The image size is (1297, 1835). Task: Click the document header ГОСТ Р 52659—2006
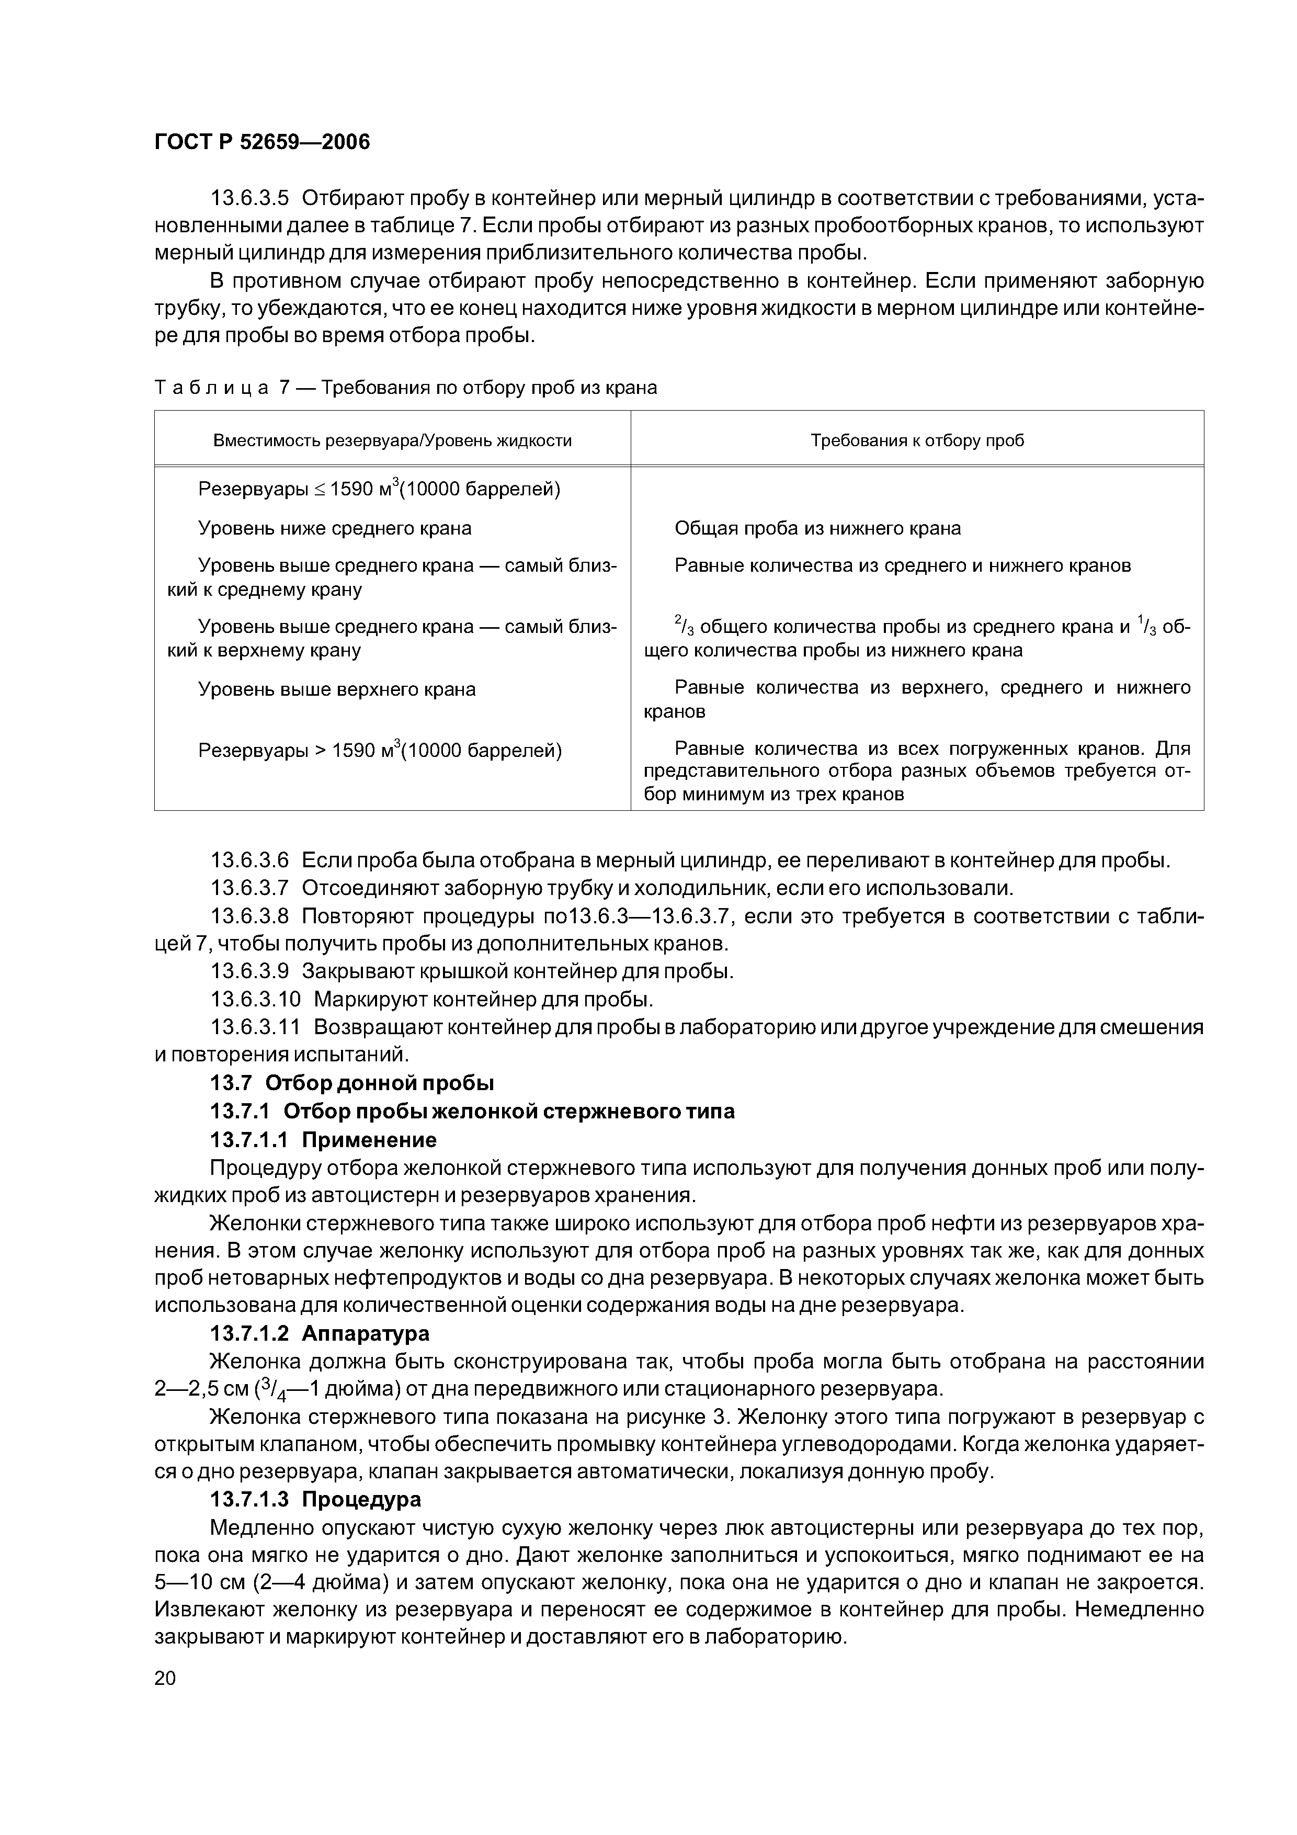pos(262,143)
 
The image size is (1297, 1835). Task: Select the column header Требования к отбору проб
pos(917,440)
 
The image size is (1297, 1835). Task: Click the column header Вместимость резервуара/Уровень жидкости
pos(392,440)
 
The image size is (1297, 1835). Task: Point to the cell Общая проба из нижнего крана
pos(817,528)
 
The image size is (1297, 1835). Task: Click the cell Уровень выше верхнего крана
pos(336,689)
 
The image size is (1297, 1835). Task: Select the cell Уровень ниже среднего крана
pos(334,528)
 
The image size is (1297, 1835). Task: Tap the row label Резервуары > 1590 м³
pos(380,751)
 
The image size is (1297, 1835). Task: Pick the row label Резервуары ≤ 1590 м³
pos(379,489)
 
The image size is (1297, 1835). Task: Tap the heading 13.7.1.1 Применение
pos(323,1139)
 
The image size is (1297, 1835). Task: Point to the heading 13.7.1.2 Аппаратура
pos(319,1333)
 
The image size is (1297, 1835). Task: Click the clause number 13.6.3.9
pos(248,972)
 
